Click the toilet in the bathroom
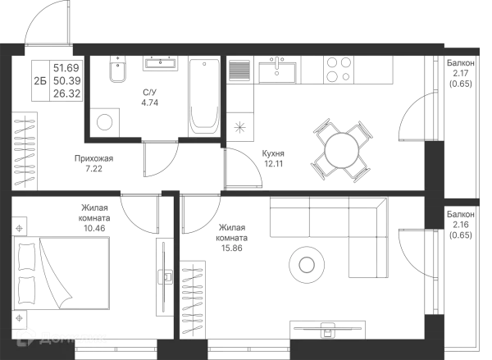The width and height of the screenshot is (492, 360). point(117,70)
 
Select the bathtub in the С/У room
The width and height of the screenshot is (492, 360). point(204,98)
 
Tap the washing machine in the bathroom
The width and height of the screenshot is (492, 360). point(104,123)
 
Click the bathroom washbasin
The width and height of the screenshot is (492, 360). point(161,63)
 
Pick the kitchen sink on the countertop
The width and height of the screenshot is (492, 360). point(277,71)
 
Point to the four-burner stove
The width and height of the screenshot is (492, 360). point(339,70)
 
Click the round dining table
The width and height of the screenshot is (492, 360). point(342,151)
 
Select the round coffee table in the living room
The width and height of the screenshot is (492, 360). point(307,265)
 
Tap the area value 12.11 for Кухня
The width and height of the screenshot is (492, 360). point(274,164)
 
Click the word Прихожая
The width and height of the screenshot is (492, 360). point(93,159)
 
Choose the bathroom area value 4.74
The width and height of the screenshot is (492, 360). point(150,103)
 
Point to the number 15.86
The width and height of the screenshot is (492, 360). point(231,248)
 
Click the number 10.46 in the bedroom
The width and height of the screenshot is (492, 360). point(94,228)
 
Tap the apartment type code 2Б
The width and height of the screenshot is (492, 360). point(40,81)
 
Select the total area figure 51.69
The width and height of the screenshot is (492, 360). point(66,68)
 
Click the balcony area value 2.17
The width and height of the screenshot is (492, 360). point(460,74)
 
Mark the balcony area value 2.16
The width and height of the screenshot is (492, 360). point(460,225)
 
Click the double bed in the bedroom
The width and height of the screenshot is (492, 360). point(61,273)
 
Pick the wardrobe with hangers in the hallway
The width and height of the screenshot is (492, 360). point(25,151)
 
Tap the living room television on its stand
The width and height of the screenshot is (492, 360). point(327,330)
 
